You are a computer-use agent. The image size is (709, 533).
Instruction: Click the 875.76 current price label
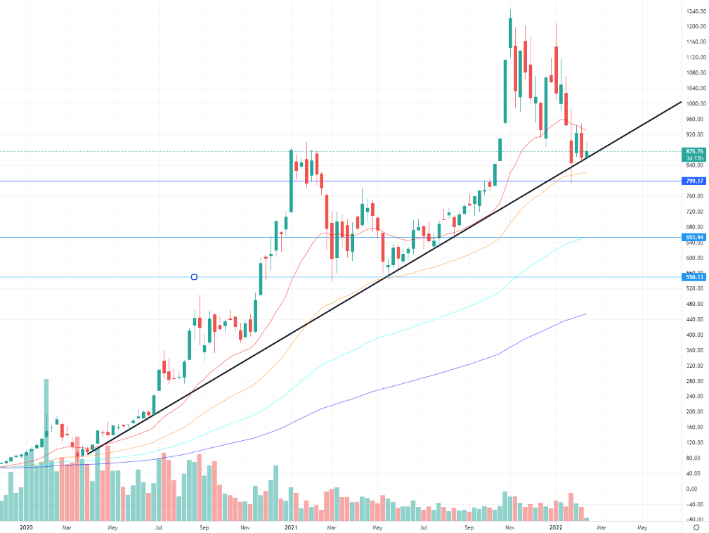click(694, 151)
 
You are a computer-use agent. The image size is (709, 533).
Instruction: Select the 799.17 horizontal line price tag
click(694, 181)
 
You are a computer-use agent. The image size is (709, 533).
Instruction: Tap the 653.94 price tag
click(694, 238)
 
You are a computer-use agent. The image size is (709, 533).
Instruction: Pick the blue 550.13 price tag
click(694, 277)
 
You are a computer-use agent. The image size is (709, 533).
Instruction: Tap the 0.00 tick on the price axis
click(693, 489)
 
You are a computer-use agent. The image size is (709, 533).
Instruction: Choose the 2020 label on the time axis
click(27, 527)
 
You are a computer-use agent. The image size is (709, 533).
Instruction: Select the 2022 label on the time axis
click(556, 527)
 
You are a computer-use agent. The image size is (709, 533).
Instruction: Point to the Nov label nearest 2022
click(511, 527)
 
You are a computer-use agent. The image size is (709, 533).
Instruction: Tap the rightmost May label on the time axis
click(642, 527)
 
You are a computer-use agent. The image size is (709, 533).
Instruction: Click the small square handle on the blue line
click(194, 277)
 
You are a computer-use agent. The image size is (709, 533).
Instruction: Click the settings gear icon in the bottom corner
click(695, 527)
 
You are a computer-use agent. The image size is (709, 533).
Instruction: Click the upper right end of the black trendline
click(681, 102)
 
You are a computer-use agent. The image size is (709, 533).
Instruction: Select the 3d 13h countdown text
click(694, 158)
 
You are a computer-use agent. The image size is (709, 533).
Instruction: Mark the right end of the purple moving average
click(586, 314)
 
